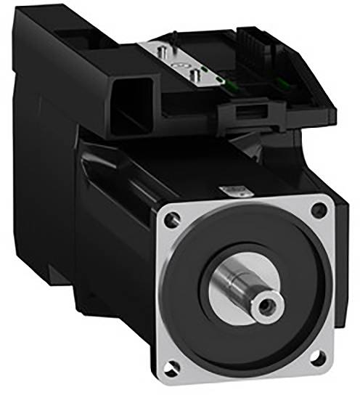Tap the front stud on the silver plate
tap(193, 73)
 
